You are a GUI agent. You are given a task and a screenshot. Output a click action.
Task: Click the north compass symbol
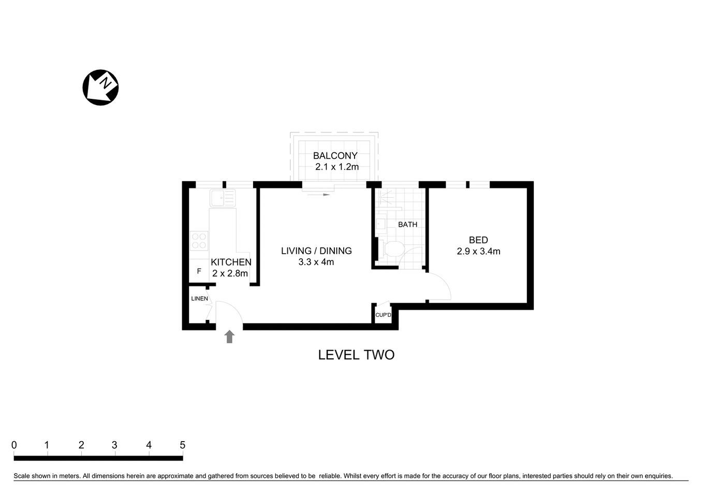click(101, 87)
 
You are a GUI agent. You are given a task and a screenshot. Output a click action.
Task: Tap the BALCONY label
click(335, 156)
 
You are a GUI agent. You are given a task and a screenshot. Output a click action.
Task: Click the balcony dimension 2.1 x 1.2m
click(337, 167)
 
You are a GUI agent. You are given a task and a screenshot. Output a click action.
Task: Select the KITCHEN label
click(231, 262)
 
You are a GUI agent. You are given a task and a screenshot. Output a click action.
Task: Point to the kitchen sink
click(223, 198)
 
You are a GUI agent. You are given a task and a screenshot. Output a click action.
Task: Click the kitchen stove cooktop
click(199, 241)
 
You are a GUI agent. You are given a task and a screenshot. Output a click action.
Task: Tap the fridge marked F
click(199, 271)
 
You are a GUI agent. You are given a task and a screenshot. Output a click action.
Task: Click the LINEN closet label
click(199, 299)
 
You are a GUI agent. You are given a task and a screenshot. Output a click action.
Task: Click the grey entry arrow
click(229, 337)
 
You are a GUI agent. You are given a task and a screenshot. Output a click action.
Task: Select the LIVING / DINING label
click(316, 251)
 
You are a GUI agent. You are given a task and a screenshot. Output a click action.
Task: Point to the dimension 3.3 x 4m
click(316, 262)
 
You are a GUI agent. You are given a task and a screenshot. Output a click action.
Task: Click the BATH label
click(407, 225)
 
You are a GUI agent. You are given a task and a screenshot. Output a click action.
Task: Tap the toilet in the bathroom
click(392, 249)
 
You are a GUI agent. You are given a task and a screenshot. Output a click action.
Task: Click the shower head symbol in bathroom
click(384, 198)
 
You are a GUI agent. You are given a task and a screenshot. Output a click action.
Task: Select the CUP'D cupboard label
click(383, 315)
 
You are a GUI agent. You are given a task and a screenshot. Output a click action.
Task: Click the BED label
click(478, 240)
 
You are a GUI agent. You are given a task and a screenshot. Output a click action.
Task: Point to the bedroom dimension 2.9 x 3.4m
click(478, 252)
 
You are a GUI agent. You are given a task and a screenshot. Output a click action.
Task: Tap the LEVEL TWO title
click(356, 355)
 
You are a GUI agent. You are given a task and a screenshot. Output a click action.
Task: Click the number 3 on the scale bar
click(114, 445)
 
